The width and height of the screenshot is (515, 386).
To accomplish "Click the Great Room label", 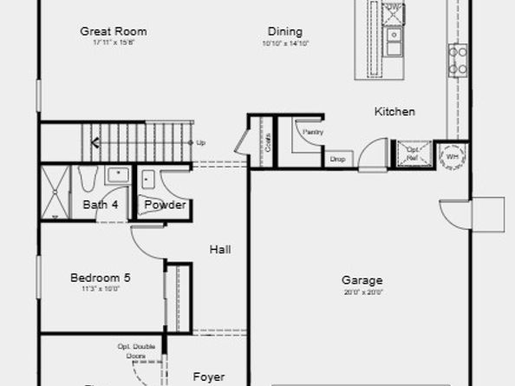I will tap(113, 31).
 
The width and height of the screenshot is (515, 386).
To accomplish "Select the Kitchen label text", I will tap(394, 111).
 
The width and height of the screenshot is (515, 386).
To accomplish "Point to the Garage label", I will tap(362, 280).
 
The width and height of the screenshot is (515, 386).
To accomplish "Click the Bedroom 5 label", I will tap(101, 278).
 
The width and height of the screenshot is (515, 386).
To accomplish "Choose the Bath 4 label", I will tap(101, 205).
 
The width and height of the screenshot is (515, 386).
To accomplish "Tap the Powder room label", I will tap(165, 205).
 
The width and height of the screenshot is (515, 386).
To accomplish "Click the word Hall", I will tap(220, 250).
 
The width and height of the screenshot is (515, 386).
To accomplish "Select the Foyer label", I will tap(208, 377).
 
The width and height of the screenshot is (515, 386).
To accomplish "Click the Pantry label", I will tap(312, 131).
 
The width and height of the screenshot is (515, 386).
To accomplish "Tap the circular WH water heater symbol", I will tap(453, 157).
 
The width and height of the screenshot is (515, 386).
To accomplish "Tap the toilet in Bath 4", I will tap(88, 180).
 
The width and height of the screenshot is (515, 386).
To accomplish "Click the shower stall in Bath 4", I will tap(56, 192).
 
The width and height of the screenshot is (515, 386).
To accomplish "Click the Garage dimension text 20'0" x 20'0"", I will tap(362, 292).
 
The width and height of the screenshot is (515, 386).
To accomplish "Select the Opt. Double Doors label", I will tap(137, 351).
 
